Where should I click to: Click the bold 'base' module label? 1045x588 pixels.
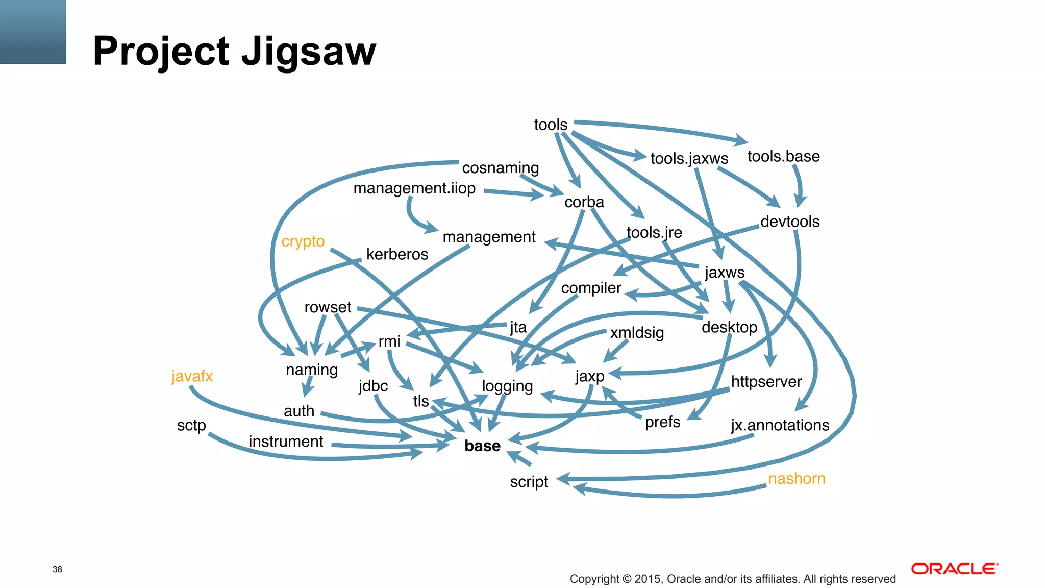(482, 446)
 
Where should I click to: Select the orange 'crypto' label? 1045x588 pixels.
(303, 241)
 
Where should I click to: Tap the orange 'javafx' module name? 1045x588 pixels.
(192, 376)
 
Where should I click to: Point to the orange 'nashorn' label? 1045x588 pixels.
(797, 479)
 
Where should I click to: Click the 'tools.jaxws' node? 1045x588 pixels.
(689, 158)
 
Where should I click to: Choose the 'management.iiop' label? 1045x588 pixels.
(414, 188)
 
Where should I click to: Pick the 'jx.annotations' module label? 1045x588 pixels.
(780, 425)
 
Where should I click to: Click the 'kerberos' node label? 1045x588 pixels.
(397, 254)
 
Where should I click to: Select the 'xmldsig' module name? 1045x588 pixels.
(637, 333)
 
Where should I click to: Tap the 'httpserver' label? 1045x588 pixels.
(766, 381)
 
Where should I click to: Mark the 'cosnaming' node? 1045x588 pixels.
(500, 168)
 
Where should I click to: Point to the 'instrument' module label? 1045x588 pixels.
(286, 442)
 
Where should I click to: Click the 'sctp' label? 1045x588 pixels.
(191, 425)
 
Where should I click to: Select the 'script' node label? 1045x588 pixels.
(529, 482)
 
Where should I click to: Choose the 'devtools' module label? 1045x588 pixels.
(790, 222)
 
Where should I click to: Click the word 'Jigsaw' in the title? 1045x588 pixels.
(308, 52)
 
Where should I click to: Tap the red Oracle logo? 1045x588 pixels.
(954, 569)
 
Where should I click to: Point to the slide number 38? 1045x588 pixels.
(57, 569)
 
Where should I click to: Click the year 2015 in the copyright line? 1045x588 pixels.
(648, 579)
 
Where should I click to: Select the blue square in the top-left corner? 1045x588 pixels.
(33, 32)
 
